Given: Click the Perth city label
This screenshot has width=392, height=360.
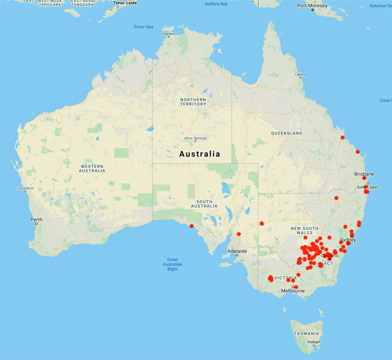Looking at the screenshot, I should click(36, 219).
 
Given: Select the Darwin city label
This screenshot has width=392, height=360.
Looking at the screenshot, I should click(169, 34).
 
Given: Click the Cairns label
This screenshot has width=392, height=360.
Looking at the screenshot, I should click(300, 74).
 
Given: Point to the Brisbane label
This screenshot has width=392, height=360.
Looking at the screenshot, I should click(364, 174).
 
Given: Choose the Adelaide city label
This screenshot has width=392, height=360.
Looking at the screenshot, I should click(237, 251).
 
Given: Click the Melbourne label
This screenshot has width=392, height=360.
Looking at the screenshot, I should click(293, 291).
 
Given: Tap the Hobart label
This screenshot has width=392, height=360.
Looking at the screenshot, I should click(314, 342).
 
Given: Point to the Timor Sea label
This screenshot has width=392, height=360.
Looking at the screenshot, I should click(143, 27).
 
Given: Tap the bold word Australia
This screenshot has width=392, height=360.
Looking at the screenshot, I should click(199, 154).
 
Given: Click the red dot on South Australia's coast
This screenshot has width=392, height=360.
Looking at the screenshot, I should click(191, 226).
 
